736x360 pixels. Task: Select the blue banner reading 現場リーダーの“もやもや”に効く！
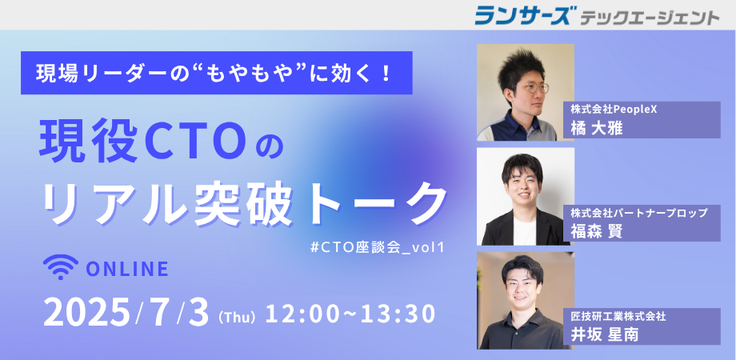coord(216,73)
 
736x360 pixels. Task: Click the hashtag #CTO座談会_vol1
coord(377,247)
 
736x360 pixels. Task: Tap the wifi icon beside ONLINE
coord(61,266)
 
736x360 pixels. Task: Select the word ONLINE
coord(128,269)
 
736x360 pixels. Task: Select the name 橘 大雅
coord(597,128)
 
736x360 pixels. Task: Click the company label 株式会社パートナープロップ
coord(639,213)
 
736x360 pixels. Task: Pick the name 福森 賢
coord(597,231)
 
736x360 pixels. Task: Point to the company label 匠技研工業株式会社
coord(618,316)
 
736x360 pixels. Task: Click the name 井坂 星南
coord(605,335)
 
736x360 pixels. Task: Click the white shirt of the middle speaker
coord(524,231)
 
